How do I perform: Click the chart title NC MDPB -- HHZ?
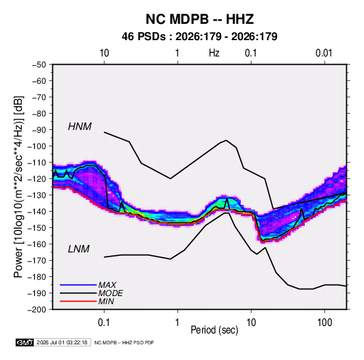click(199, 19)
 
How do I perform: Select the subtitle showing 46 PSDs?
click(199, 37)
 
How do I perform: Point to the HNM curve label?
click(80, 127)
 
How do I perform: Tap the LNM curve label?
click(79, 249)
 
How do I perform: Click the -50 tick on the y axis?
click(39, 65)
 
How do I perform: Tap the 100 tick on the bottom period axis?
click(325, 322)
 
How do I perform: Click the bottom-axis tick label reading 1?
click(177, 322)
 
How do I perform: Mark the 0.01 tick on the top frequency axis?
click(324, 53)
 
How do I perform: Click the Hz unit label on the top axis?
click(214, 53)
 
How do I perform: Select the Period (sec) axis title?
click(214, 330)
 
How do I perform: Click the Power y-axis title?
click(19, 186)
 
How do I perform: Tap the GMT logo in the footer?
click(25, 342)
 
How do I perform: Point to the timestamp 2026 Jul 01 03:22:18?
click(62, 342)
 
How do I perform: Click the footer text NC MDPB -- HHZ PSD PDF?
click(124, 342)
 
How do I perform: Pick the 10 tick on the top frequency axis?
click(104, 53)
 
